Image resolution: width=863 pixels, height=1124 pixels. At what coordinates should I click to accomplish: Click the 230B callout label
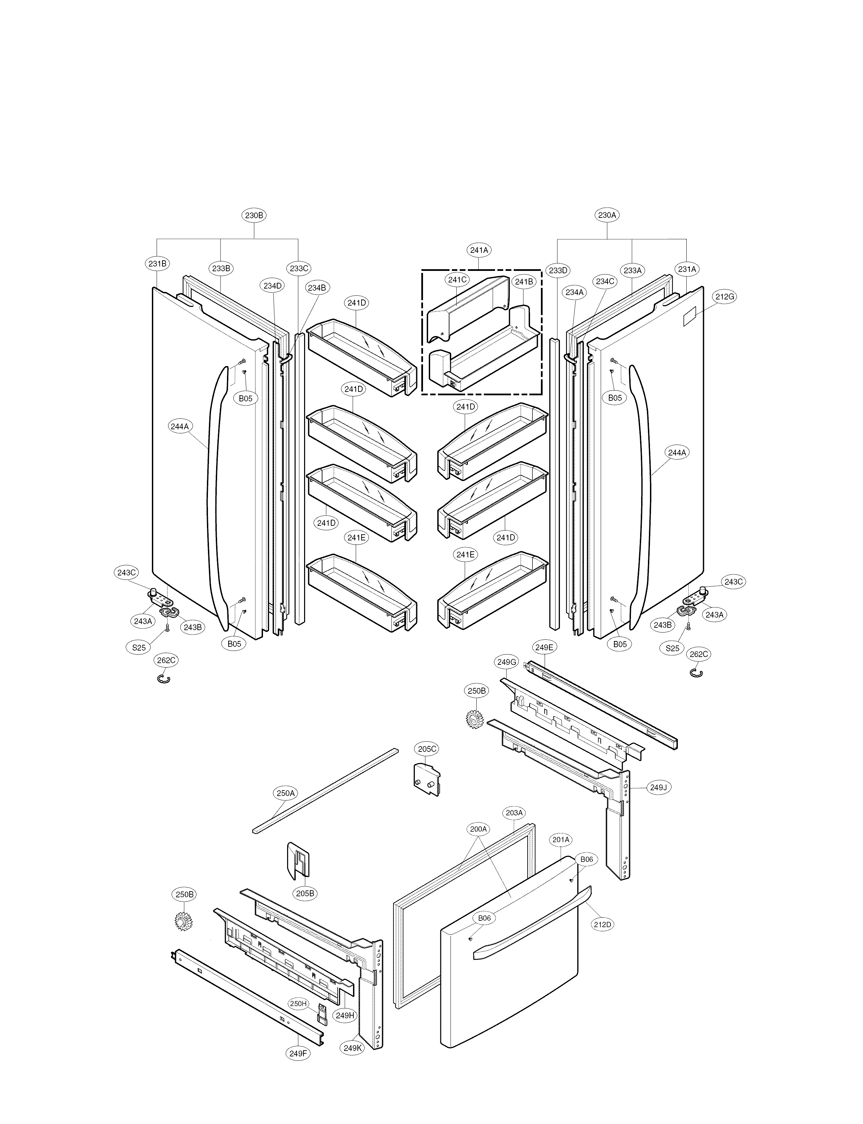click(254, 215)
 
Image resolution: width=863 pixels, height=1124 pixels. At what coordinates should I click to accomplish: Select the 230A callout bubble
click(607, 215)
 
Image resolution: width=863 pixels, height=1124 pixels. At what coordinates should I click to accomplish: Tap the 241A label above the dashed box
click(479, 250)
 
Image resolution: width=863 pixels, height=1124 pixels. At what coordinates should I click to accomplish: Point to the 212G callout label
click(724, 296)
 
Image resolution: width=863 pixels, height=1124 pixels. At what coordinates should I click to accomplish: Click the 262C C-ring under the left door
click(163, 679)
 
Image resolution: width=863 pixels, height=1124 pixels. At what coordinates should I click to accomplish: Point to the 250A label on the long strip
click(286, 793)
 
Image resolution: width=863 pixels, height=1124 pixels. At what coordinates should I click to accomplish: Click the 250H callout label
click(298, 1003)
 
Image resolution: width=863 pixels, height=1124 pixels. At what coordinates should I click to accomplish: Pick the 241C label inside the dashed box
click(457, 280)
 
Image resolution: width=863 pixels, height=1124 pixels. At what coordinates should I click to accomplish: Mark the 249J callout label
click(658, 788)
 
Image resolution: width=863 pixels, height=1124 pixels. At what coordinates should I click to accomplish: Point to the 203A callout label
click(514, 813)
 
